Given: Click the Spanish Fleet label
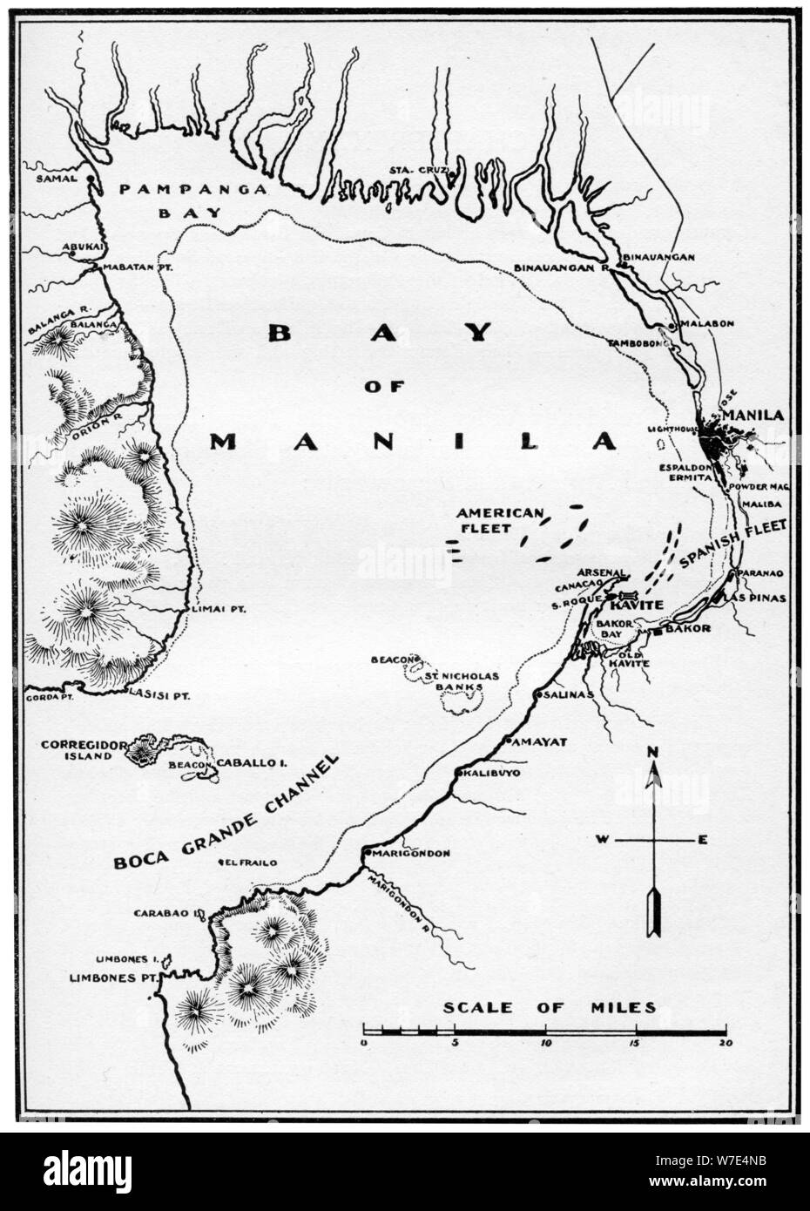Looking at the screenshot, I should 733,545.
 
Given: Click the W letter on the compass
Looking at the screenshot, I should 601,840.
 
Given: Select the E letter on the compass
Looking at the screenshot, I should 702,840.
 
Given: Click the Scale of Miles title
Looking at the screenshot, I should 549,1007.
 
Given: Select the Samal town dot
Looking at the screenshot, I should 89,179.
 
